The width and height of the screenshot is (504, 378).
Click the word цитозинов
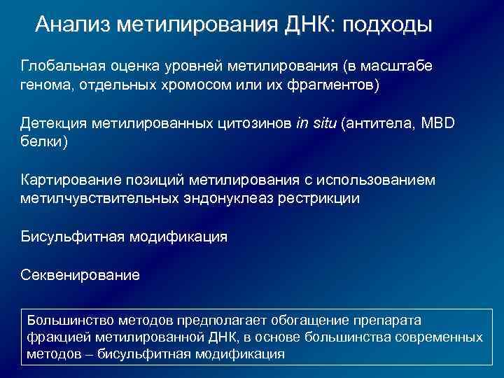pos(251,123)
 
